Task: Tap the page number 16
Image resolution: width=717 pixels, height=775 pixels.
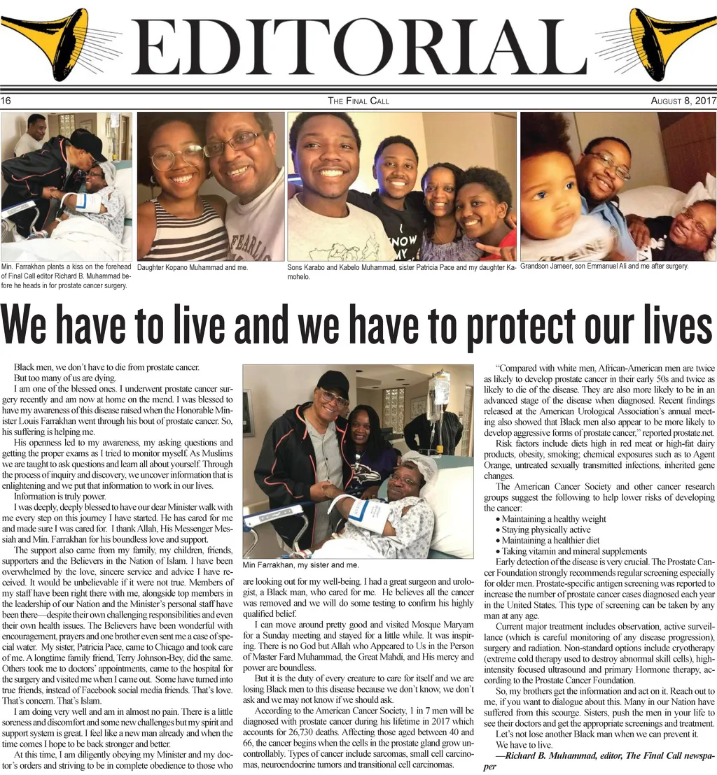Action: (6, 101)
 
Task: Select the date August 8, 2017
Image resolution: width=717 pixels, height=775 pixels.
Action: (683, 101)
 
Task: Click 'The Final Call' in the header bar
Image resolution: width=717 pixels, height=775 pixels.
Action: (358, 101)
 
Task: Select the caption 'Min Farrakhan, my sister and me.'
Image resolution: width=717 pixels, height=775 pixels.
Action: (300, 564)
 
